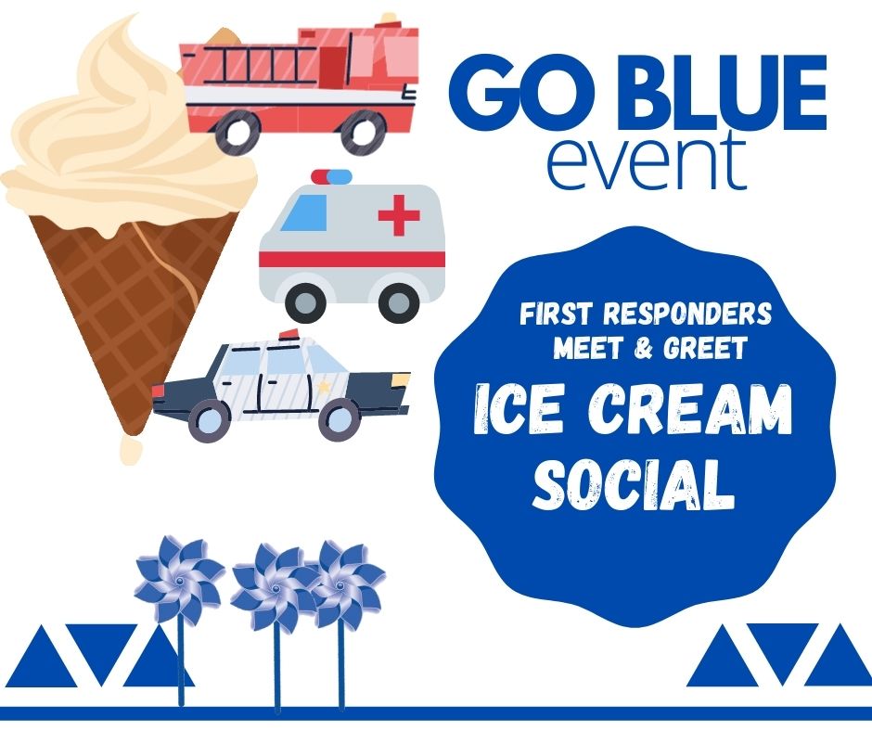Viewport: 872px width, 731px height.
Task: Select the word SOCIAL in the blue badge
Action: click(634, 483)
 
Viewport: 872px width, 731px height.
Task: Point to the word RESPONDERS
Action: click(687, 314)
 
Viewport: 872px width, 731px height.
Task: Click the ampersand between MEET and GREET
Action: click(643, 349)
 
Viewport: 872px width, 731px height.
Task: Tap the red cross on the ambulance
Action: click(399, 214)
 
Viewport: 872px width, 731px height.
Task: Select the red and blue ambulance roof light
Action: click(331, 176)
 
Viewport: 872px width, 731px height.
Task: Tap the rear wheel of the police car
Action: click(209, 419)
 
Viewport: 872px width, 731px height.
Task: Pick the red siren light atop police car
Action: click(289, 334)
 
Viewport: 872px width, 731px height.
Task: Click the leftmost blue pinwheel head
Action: click(179, 580)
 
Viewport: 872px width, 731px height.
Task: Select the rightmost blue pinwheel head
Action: click(343, 585)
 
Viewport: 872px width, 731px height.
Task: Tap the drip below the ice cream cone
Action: click(131, 450)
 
